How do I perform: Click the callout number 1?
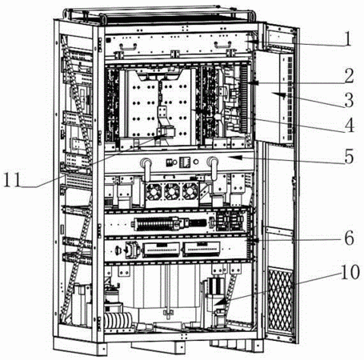coord(346,38)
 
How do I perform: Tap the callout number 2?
coord(349,76)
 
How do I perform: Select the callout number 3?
coord(349,100)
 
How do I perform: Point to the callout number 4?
coord(349,125)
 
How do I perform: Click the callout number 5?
coord(349,156)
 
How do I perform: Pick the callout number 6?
coord(349,238)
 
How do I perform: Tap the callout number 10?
coord(350,272)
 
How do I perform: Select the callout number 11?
coord(12,179)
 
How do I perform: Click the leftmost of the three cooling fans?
coord(154,192)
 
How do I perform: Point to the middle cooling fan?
coord(172,192)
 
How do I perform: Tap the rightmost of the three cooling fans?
coord(190,192)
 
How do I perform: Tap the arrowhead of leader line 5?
coord(236,158)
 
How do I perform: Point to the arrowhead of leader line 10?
coord(219,302)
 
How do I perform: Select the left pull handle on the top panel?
coord(128,46)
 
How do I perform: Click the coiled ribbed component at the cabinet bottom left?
coord(118,321)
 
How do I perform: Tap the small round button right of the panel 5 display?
coord(196,162)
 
